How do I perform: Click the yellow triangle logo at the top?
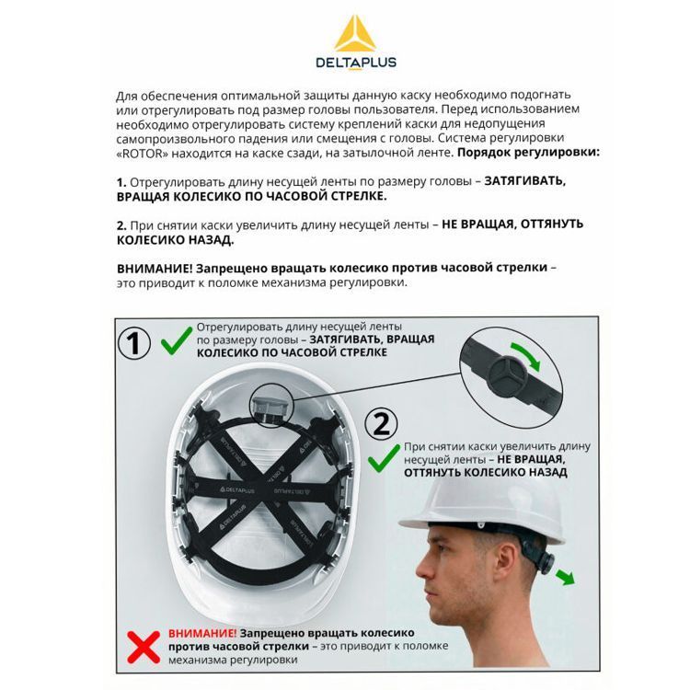(355, 35)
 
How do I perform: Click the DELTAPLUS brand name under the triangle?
(356, 62)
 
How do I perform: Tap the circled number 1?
(134, 343)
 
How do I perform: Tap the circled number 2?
(381, 424)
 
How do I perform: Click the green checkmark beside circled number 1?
(177, 340)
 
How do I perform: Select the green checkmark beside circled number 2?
(384, 458)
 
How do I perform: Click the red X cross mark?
(144, 647)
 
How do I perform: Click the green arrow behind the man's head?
(565, 577)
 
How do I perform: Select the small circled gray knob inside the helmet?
(270, 405)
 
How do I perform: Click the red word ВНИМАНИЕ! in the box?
(202, 633)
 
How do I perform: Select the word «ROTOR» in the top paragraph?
(143, 154)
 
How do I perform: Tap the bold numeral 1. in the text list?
(121, 183)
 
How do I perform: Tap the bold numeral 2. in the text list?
(121, 225)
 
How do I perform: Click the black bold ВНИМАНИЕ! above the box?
(155, 269)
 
